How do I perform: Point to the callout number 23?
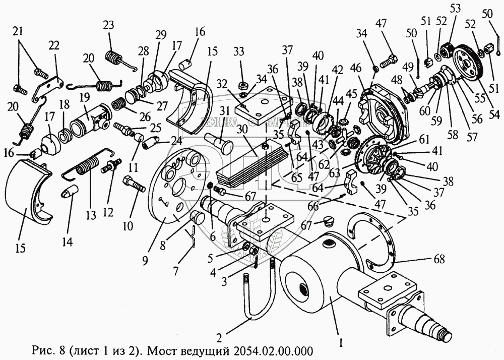tap(109, 26)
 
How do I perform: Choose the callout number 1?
tap(341, 343)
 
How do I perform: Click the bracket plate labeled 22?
tap(47, 86)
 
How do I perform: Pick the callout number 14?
tap(67, 242)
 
